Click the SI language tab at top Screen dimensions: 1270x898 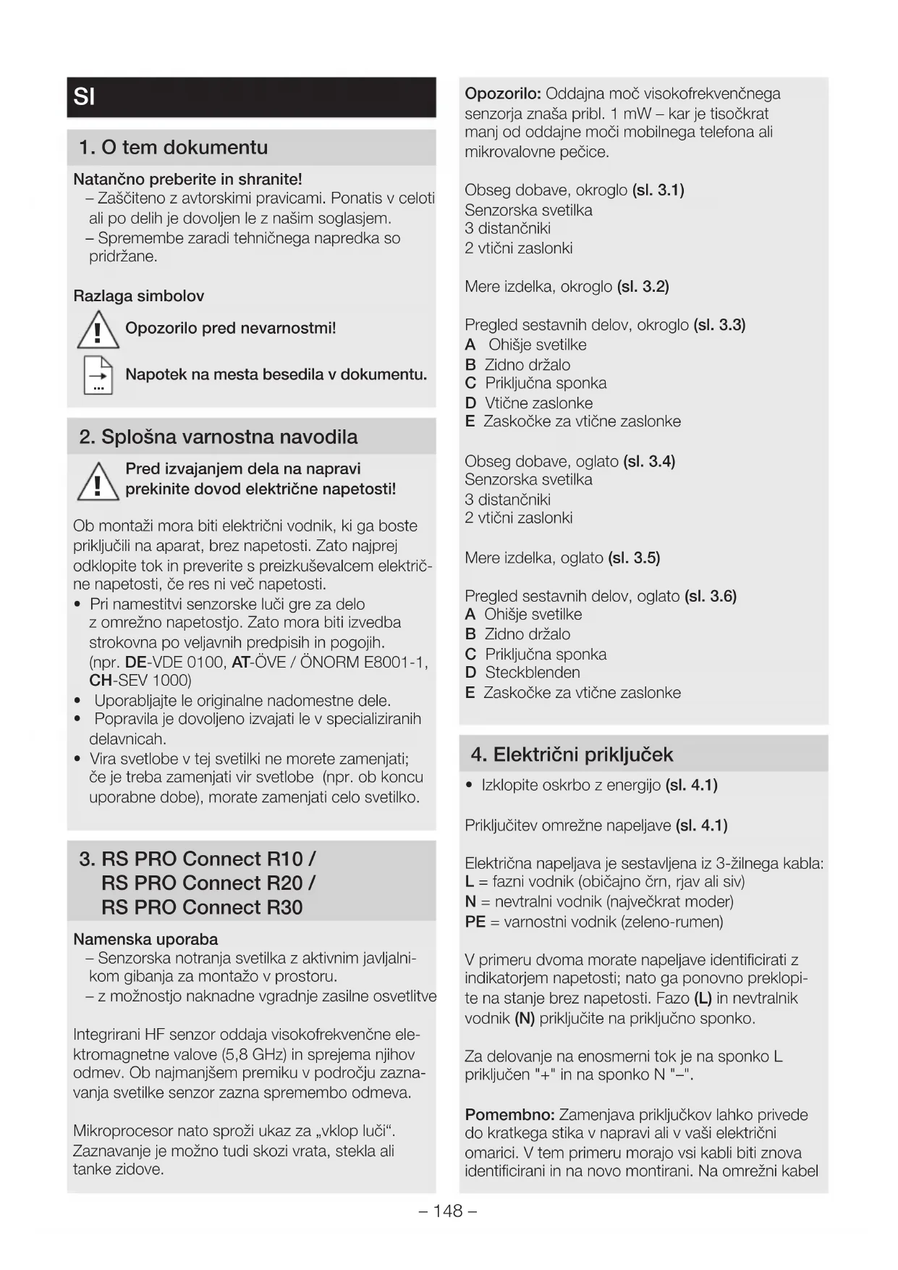coord(85,97)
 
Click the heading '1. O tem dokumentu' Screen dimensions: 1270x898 coord(174,148)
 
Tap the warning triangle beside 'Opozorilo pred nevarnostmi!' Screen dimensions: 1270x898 coord(98,330)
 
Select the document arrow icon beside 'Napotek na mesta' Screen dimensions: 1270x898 coord(98,375)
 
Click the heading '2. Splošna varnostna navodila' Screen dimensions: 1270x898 coord(219,437)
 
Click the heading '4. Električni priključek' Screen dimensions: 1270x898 coord(572,754)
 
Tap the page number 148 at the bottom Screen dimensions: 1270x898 coord(448,1211)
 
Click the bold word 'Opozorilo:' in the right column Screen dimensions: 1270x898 coord(503,94)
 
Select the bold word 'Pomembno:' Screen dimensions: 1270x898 coord(509,1114)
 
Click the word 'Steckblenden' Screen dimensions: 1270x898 coord(532,673)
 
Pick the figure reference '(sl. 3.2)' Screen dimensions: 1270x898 coord(643,287)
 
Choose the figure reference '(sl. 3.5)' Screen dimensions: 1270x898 coord(634,558)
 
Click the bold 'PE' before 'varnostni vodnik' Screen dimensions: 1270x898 coord(475,922)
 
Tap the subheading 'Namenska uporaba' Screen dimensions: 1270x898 coord(145,939)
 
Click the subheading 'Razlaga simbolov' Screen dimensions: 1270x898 coord(139,296)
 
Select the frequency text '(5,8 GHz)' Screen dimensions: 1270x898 coord(255,1054)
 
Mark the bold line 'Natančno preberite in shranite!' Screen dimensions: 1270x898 coord(187,179)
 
